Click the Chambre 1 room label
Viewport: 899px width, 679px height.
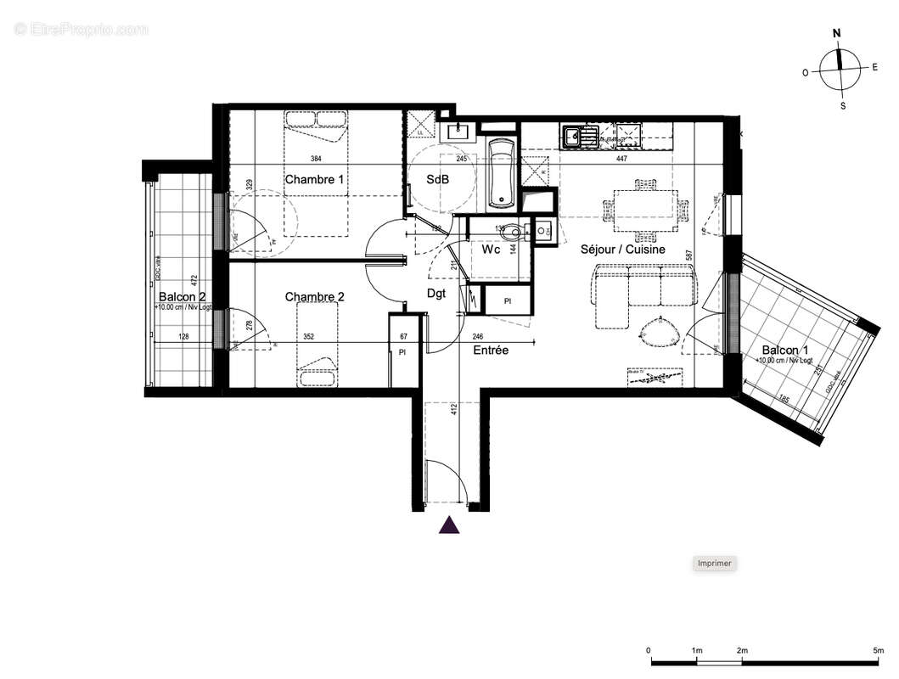(x=314, y=179)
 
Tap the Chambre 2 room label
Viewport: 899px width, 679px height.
(x=314, y=296)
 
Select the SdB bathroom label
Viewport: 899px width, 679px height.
(x=437, y=180)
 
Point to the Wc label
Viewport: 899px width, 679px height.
(x=491, y=250)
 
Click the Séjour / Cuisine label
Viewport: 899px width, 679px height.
(x=622, y=250)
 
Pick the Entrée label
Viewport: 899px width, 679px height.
(x=491, y=350)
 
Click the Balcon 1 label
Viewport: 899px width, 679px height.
(x=784, y=351)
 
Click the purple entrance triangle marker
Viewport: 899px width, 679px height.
(x=449, y=526)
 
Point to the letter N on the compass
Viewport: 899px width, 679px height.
(x=837, y=34)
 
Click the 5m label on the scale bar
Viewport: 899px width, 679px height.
(x=877, y=651)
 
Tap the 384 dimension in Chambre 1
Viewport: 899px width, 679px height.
(x=315, y=159)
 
